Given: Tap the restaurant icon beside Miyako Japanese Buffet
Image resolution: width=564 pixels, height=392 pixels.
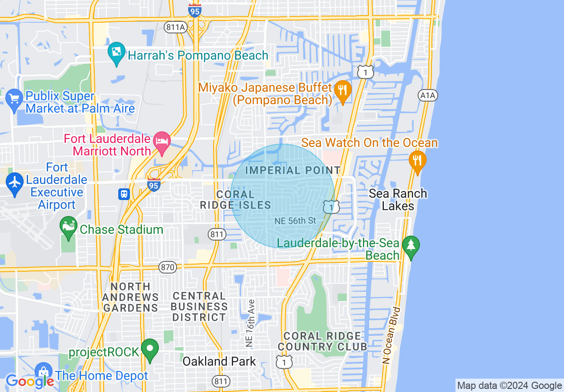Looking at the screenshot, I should [342, 90].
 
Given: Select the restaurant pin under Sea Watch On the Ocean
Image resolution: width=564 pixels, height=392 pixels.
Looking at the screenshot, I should [417, 160].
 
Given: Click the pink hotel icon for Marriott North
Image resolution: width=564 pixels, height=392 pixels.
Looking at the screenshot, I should [161, 141].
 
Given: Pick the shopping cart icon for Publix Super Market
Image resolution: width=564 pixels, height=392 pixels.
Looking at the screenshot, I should [14, 98].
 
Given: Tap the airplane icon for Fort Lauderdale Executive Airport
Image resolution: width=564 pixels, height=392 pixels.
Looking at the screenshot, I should [15, 182].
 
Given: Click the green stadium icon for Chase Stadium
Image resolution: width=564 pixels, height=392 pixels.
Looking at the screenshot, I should [68, 226].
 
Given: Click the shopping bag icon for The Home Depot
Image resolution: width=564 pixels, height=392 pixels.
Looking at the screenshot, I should [44, 372].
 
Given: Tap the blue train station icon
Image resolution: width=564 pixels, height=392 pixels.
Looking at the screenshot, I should [124, 194].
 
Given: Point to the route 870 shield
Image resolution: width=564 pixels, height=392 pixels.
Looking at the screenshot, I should [168, 267].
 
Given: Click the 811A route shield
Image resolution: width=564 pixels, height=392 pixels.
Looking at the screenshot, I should [175, 27].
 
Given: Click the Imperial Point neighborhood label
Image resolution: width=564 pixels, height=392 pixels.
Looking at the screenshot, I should [293, 170].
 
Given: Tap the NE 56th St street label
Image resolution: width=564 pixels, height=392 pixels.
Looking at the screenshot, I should [295, 220].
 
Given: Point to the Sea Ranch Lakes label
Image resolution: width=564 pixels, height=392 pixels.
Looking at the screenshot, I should [398, 200].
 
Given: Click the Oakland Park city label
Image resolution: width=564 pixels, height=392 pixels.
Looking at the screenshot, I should [219, 361].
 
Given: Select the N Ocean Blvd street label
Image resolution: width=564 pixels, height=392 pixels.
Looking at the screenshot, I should [391, 335].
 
